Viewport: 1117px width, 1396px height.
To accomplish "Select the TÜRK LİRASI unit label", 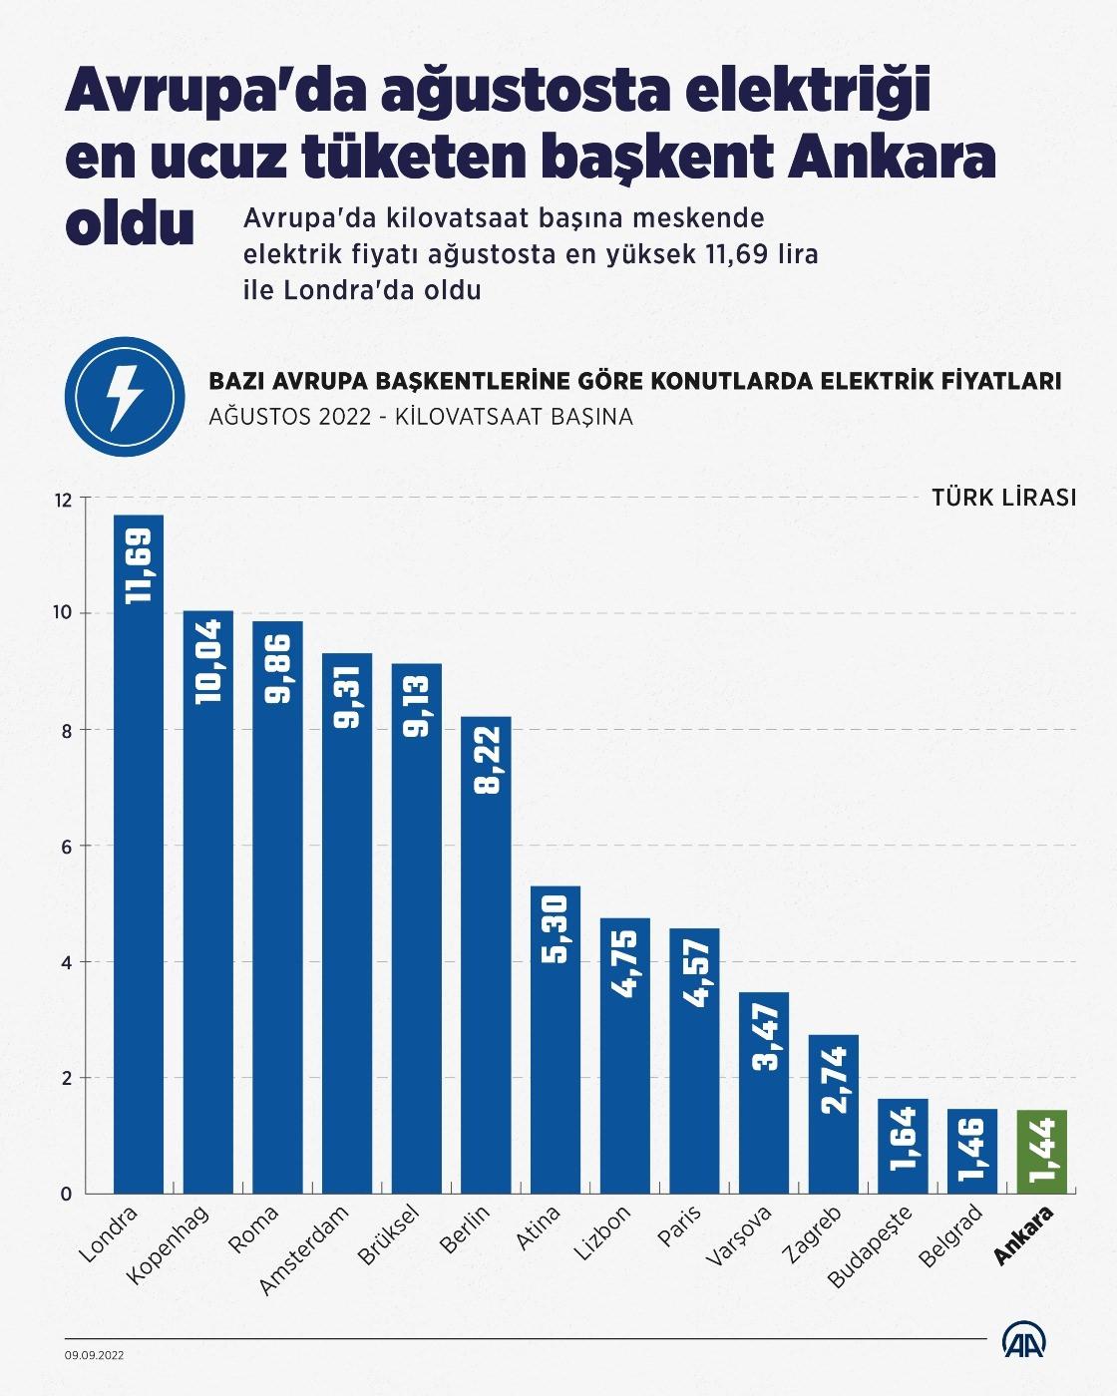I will click(x=1003, y=497).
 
